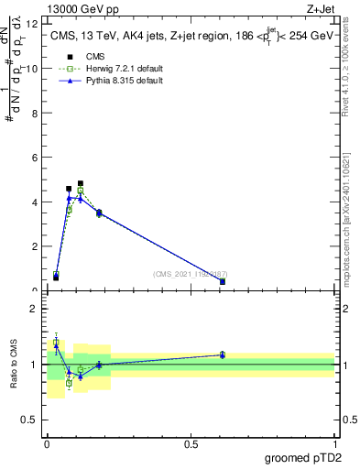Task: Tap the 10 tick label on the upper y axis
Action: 33,69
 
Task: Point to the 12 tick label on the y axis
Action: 33,24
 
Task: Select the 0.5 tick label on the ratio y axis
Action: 30,420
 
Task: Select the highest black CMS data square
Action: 81,183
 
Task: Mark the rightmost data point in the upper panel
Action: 223,281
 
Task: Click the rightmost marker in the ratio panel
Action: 223,354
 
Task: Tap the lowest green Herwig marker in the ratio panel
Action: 69,383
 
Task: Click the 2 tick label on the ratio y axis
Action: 36,309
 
